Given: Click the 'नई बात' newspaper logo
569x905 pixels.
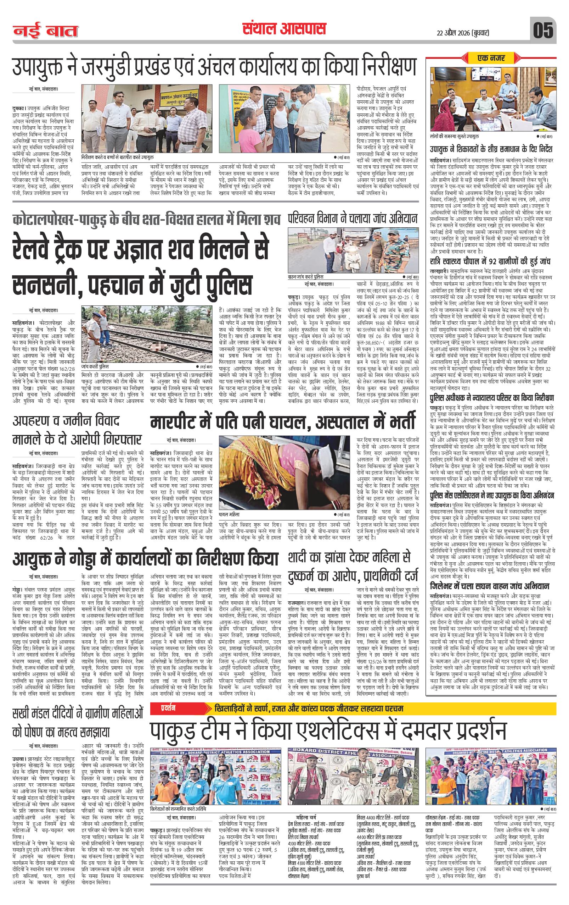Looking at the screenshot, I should click(x=45, y=31).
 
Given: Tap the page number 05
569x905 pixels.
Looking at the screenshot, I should click(x=543, y=30).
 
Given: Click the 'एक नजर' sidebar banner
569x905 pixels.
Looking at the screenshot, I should click(x=491, y=58).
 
